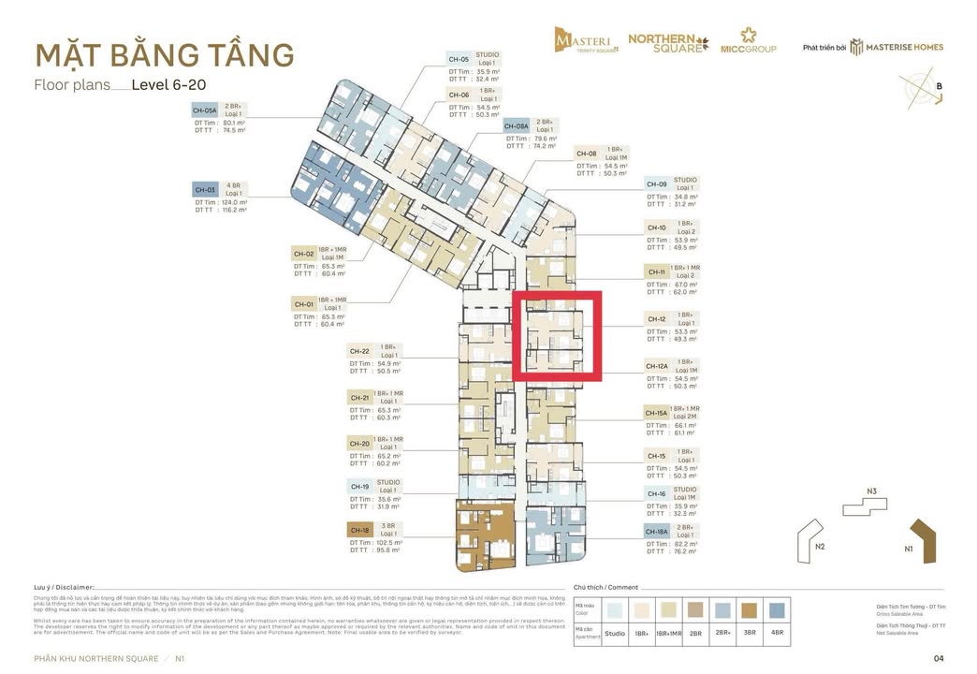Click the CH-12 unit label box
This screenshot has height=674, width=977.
pos(656,319)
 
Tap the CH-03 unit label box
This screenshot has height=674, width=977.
pos(205,189)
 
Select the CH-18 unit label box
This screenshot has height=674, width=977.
pos(360,530)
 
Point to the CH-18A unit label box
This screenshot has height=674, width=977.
pos(657,532)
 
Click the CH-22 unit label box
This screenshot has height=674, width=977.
pos(360,351)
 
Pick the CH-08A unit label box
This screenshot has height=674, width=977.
pos(517,125)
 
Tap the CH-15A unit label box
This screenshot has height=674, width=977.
pos(657,413)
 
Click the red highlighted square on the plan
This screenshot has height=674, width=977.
pos(557,336)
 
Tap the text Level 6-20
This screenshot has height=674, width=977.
pos(168,85)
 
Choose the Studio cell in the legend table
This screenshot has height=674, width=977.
pos(615,634)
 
